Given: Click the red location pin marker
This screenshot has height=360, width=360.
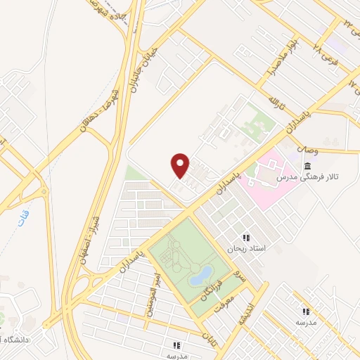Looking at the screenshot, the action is [181, 165].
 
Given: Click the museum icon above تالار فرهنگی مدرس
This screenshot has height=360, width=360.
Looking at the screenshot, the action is [308, 166].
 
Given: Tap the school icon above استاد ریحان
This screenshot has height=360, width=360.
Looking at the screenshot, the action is [245, 237].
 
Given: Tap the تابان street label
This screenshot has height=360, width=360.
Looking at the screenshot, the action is [208, 338].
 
